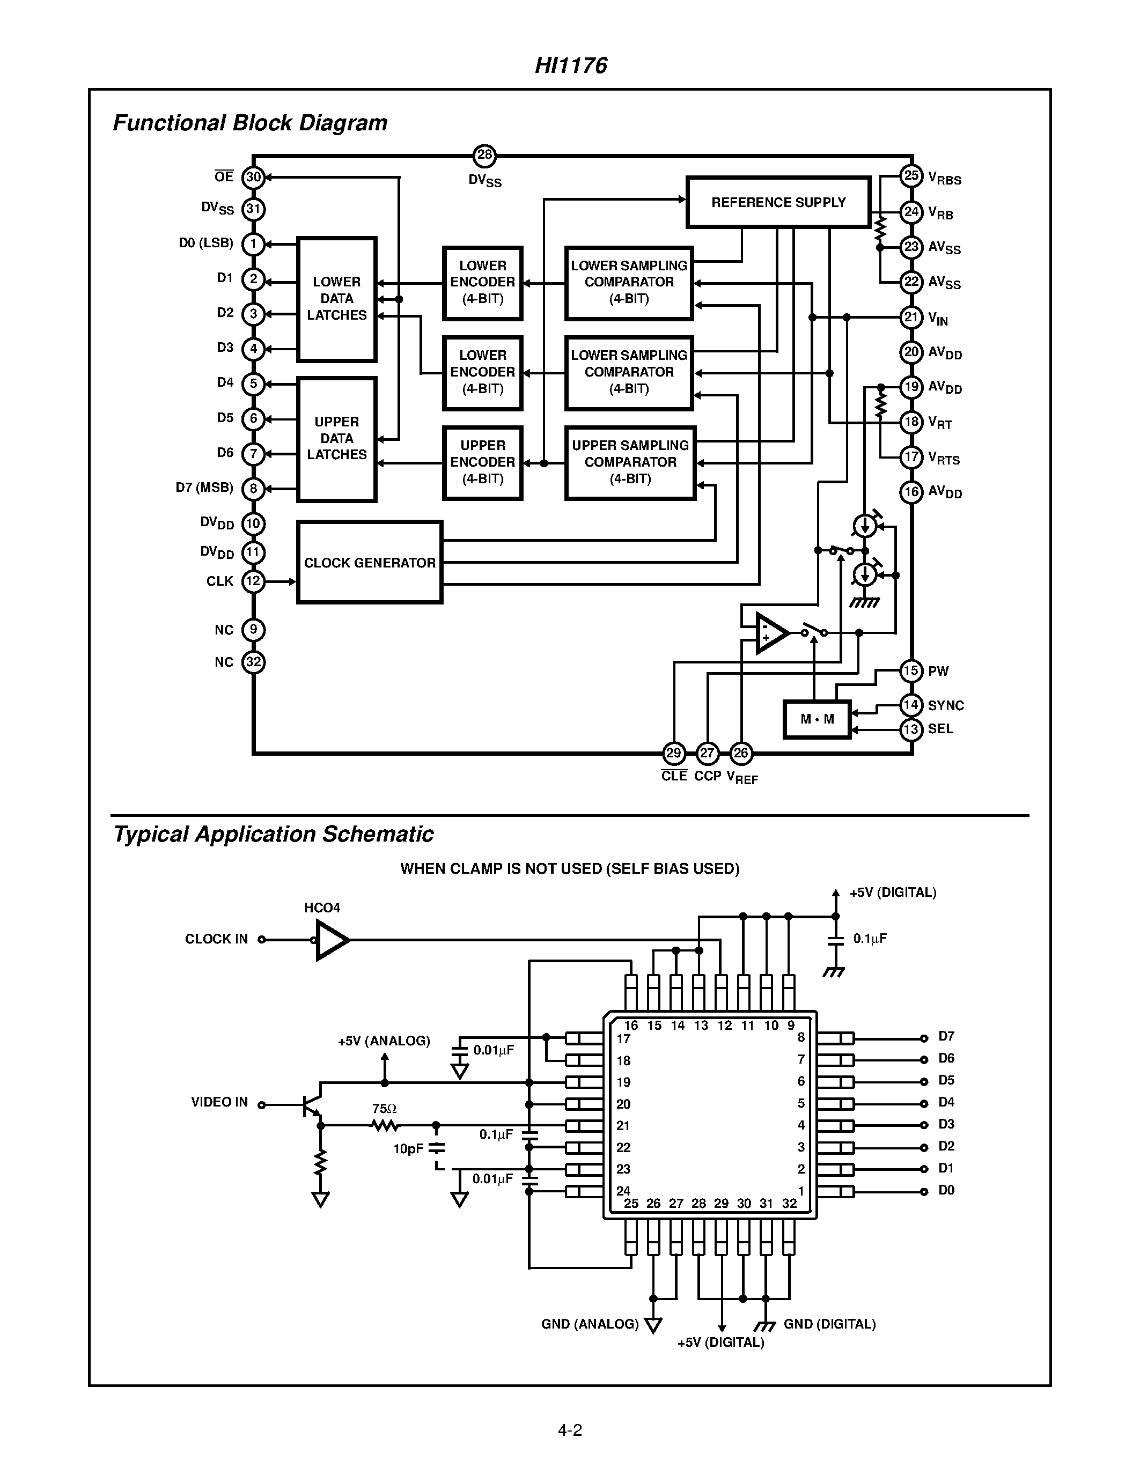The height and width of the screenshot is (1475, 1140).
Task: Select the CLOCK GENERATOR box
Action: (370, 563)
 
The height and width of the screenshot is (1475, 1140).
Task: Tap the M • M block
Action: (817, 719)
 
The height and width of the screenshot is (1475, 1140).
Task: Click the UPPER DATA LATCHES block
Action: (336, 439)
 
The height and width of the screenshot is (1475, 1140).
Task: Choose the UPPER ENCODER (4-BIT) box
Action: (482, 463)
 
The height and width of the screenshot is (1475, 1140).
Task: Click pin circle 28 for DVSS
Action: (484, 156)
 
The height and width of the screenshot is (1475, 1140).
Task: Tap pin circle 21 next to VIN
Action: (911, 318)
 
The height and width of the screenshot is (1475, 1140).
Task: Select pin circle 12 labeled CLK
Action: (253, 581)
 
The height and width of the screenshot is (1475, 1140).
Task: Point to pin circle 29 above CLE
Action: (673, 753)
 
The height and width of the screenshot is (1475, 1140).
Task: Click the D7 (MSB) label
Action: (204, 488)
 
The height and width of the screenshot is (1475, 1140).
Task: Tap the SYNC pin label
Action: (945, 706)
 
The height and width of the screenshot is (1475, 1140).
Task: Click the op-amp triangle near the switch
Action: (770, 633)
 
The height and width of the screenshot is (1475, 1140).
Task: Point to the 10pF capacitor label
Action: (408, 1149)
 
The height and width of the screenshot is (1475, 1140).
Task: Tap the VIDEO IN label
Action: (219, 1102)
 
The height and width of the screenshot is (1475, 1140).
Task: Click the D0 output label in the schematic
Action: (946, 1191)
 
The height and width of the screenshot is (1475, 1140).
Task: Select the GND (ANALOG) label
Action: (590, 1324)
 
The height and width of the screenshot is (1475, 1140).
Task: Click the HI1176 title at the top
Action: (571, 65)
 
